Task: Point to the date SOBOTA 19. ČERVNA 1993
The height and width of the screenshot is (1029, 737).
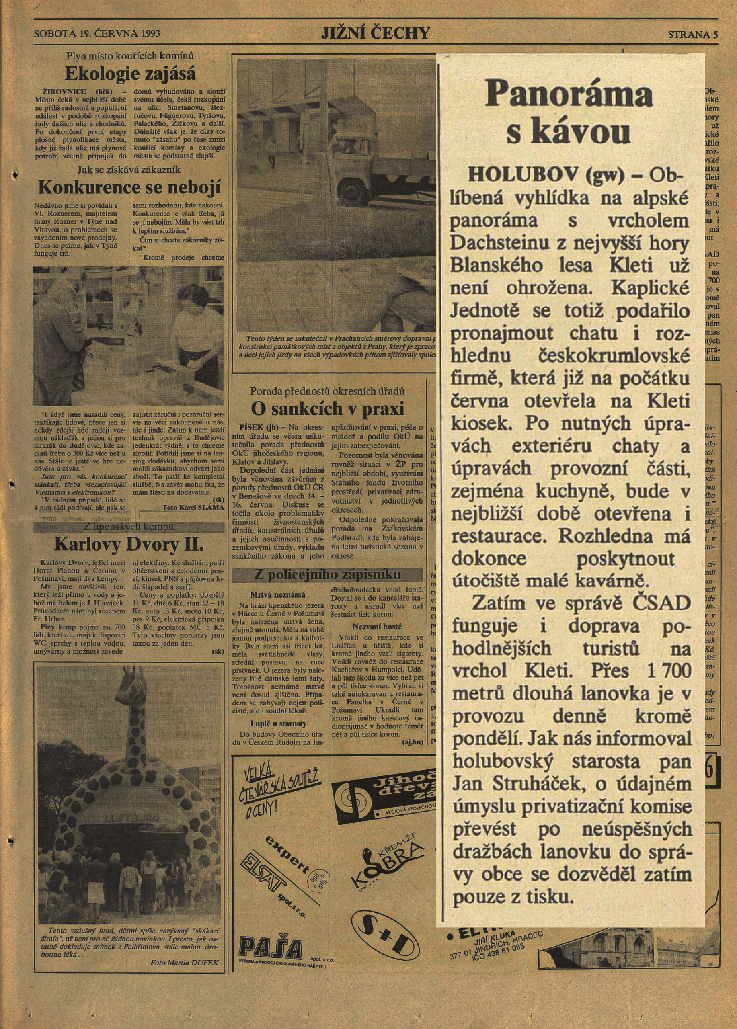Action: (97, 34)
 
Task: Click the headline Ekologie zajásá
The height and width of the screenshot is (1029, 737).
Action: (130, 74)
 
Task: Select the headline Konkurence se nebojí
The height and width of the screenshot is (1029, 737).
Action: (129, 187)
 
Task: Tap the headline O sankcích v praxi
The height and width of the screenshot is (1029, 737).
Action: (327, 408)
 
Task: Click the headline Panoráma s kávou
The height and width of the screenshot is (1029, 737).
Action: (570, 112)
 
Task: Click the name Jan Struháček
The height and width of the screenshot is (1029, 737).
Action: (501, 785)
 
